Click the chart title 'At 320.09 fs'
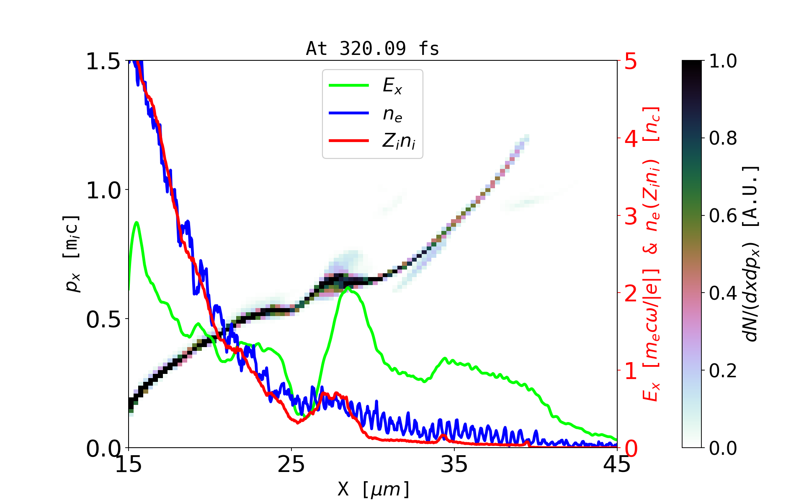[x=372, y=49]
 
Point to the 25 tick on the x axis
[x=291, y=464]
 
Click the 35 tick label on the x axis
[x=454, y=464]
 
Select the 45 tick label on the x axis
[x=617, y=464]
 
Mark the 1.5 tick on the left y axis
[x=103, y=62]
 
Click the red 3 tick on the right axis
[x=631, y=216]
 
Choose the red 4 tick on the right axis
[x=631, y=138]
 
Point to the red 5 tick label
[x=631, y=62]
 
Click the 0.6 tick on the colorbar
[x=723, y=216]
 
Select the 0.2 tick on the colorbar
[x=723, y=371]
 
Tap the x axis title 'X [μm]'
[x=373, y=489]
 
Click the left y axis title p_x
[x=71, y=254]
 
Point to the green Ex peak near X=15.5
[x=136, y=222]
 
